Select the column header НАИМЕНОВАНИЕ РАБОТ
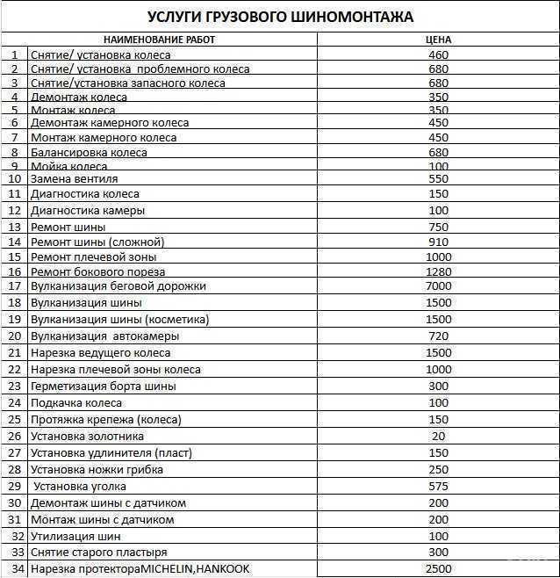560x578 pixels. point(159,40)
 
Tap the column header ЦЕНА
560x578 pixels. point(438,40)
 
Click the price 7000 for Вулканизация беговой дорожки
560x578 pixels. point(438,285)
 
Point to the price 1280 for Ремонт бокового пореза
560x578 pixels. point(438,271)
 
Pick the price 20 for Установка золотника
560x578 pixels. point(438,436)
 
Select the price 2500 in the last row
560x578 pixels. point(438,569)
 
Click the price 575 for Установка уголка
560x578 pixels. point(438,486)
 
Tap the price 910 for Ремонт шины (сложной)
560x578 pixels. point(438,242)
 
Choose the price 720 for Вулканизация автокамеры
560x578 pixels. point(438,336)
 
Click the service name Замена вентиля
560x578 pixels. point(74,178)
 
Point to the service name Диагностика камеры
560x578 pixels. point(88,211)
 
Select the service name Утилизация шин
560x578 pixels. point(75,536)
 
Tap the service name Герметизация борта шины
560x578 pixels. point(103,386)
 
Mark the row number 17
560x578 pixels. point(14,285)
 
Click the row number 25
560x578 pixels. point(14,419)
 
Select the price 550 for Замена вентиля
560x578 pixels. point(438,178)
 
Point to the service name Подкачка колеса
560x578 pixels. point(76,402)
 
